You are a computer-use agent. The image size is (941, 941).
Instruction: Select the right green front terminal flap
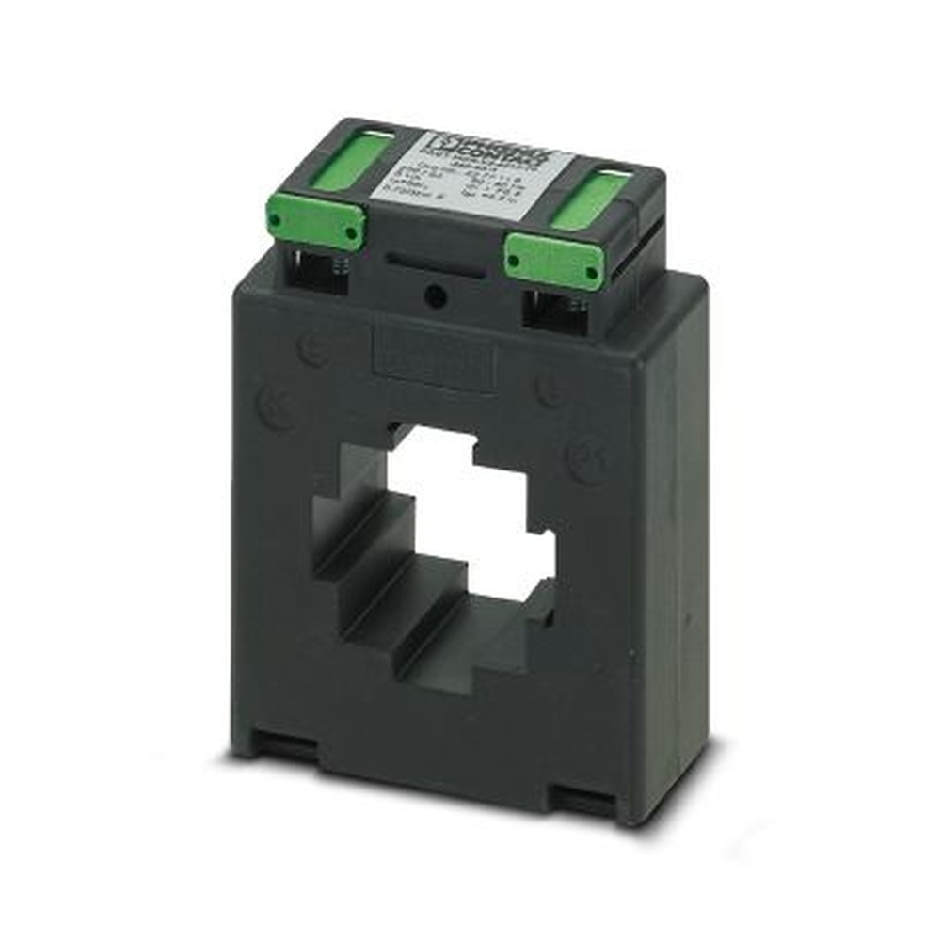tap(553, 260)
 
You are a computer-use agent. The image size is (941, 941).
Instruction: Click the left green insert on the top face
tap(350, 160)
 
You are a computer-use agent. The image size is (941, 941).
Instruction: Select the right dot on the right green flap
tap(590, 274)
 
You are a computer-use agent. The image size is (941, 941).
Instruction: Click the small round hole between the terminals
tap(435, 297)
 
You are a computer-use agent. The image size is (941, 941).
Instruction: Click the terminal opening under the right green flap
tap(555, 306)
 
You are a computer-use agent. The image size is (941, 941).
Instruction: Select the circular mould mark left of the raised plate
tap(313, 350)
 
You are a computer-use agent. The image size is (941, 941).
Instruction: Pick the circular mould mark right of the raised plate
tap(550, 388)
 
